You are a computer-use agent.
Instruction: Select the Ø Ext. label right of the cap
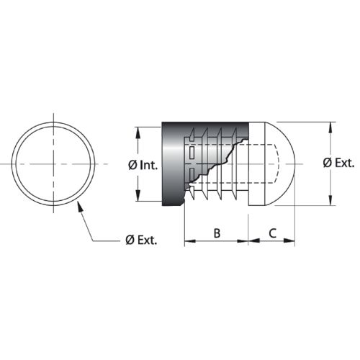pos(338,163)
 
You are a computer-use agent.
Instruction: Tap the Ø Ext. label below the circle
pos(141,240)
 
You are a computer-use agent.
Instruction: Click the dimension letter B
pos(217,233)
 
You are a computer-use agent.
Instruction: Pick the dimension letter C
pos(272,233)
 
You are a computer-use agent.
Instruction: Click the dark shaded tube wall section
pos(173,163)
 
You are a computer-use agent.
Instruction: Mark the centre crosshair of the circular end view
pos(54,163)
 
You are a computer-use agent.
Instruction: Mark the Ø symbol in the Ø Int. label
pos(132,165)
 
